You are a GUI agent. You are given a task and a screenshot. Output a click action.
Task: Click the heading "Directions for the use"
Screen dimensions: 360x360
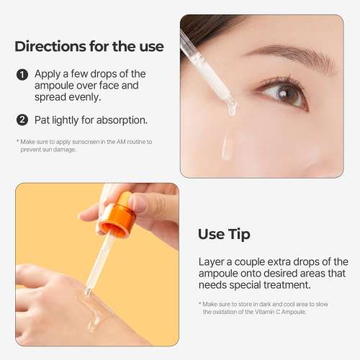tap(89, 47)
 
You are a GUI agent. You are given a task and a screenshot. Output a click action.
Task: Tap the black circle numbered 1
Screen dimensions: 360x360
tap(22, 74)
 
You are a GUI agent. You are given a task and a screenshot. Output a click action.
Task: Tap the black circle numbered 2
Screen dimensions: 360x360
tap(22, 120)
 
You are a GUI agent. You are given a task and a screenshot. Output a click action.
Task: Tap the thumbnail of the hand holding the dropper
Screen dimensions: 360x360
tap(97, 264)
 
